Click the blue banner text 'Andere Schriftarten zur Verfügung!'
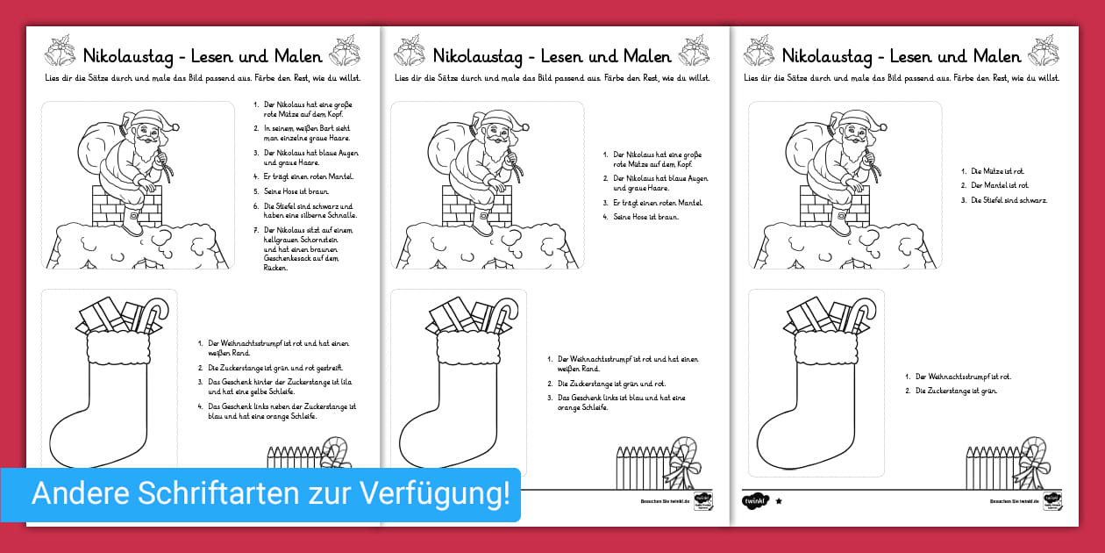(270, 494)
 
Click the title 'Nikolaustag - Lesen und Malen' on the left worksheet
(203, 56)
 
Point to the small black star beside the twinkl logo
(779, 501)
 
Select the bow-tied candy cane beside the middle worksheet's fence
(687, 460)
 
